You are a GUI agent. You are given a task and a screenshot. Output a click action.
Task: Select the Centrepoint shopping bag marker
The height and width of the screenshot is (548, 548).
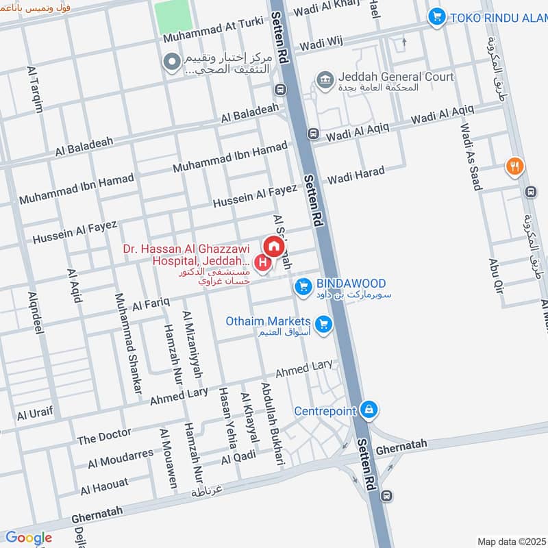(x=369, y=410)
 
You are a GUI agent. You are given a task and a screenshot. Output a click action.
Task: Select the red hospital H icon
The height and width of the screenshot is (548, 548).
(x=262, y=262)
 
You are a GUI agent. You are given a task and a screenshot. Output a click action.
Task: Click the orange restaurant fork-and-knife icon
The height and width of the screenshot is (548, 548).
(x=514, y=166)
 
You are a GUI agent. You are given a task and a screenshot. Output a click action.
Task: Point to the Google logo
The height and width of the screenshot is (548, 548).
(x=28, y=538)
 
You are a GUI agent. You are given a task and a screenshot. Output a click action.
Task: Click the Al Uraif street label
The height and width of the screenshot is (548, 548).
(x=35, y=414)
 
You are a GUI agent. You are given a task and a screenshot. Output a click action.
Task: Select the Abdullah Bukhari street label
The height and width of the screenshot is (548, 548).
(x=271, y=424)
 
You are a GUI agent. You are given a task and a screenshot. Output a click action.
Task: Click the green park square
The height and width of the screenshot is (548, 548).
(x=173, y=16)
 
